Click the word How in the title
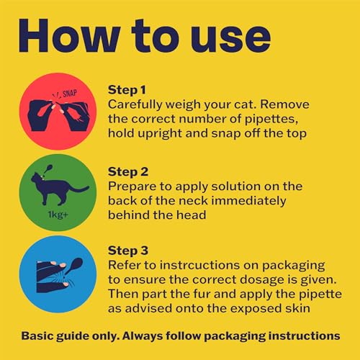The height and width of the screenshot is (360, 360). click(70, 36)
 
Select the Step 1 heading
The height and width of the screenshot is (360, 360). click(127, 90)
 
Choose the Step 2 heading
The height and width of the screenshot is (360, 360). click(128, 172)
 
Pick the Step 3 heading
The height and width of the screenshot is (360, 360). click(128, 251)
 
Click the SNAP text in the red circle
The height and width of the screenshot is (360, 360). click(70, 94)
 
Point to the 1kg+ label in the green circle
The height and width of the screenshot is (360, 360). click(58, 215)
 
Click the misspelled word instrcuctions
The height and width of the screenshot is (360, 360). click(199, 265)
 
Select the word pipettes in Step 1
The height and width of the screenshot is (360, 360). click(271, 120)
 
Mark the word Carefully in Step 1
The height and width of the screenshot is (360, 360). click(135, 105)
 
